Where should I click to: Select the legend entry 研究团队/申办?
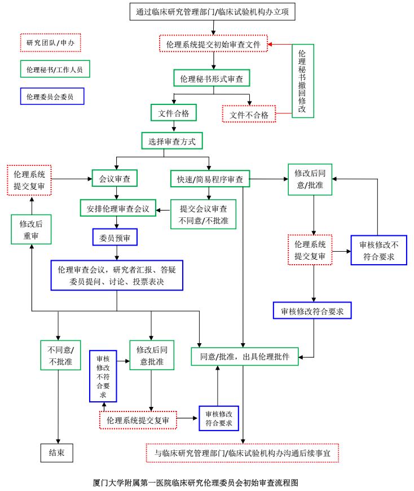click(x=50, y=42)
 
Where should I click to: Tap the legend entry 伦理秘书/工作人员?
click(x=55, y=69)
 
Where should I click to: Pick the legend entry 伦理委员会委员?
click(x=51, y=97)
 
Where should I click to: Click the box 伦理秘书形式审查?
click(x=212, y=78)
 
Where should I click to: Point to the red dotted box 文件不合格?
click(x=249, y=115)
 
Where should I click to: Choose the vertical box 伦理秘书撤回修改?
click(x=302, y=81)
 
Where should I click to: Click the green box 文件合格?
click(x=173, y=113)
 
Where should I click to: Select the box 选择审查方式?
click(x=171, y=141)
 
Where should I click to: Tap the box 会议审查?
click(x=114, y=179)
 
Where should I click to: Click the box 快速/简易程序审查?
click(x=210, y=179)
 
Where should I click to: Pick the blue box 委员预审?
click(x=114, y=238)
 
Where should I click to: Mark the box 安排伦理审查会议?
click(x=117, y=208)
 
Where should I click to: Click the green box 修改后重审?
click(x=31, y=229)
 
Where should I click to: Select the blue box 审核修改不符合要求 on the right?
click(x=378, y=250)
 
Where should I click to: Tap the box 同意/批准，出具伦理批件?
click(x=244, y=356)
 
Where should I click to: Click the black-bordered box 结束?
click(x=56, y=452)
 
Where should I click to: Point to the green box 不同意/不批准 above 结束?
click(x=61, y=354)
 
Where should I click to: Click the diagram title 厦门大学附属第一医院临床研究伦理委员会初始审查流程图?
click(x=195, y=483)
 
